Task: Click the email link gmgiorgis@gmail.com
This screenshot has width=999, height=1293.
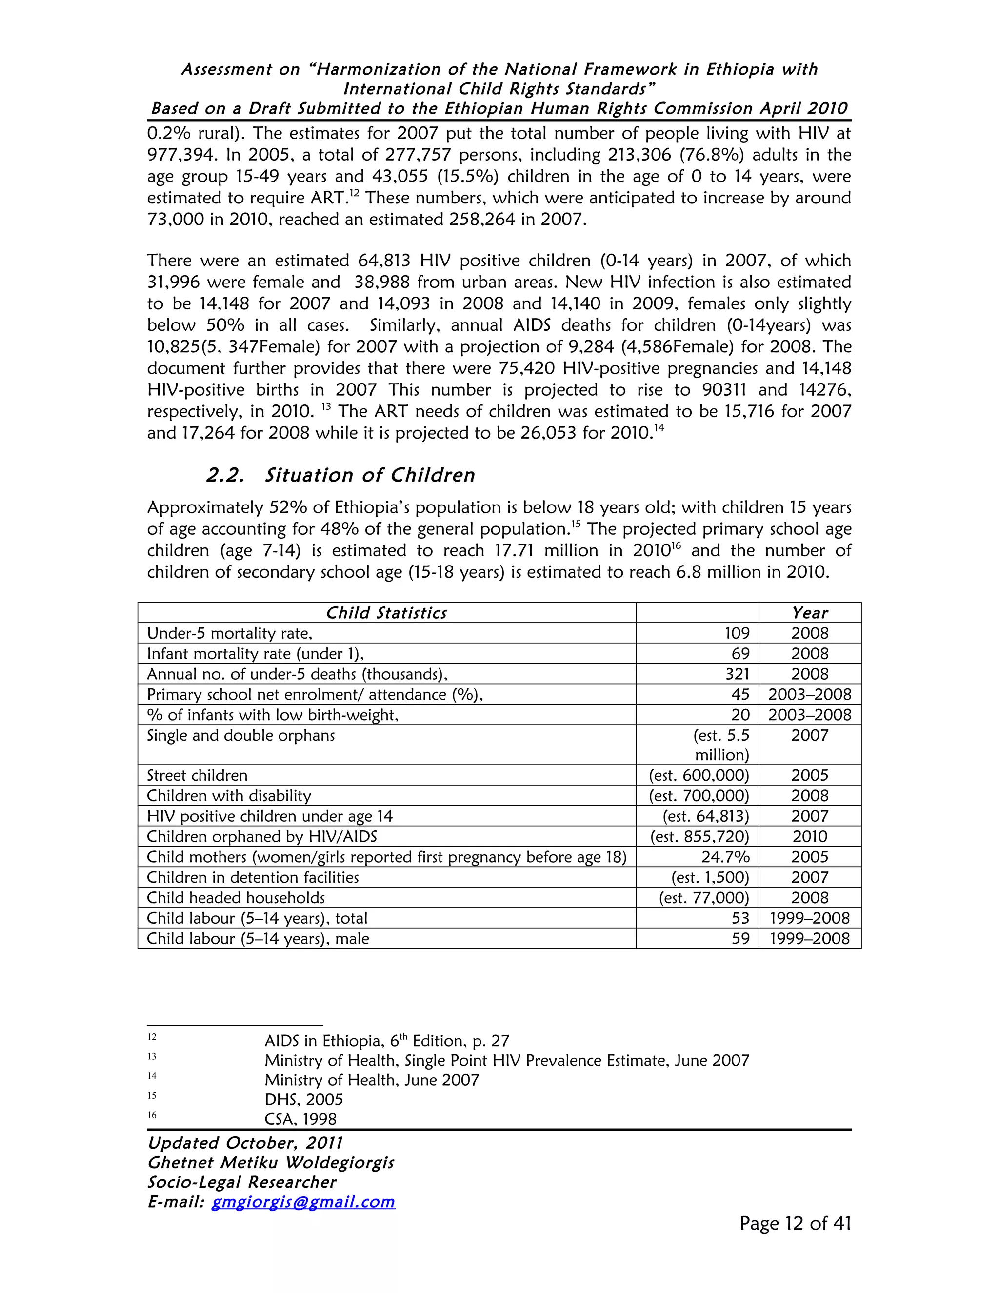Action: [303, 1202]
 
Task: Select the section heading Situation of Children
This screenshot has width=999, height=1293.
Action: [369, 475]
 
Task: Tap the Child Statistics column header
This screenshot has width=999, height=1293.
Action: [386, 613]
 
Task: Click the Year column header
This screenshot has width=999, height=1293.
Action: [810, 613]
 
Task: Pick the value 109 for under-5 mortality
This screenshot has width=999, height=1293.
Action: [737, 633]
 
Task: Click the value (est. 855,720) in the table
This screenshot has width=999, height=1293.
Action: [699, 836]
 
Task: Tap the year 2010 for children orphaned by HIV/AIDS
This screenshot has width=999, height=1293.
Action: [810, 836]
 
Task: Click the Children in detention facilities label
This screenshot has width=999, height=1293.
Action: [253, 877]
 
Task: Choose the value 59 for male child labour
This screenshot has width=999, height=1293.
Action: [740, 938]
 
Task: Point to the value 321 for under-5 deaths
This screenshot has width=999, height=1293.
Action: [737, 674]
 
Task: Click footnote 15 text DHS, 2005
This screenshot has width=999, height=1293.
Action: [303, 1100]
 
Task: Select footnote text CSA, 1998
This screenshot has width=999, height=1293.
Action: [300, 1119]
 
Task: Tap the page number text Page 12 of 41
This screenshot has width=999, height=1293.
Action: [795, 1224]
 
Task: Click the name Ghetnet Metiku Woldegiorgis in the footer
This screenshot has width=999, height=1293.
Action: [270, 1163]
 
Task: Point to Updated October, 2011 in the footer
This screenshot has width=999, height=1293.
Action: [245, 1143]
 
